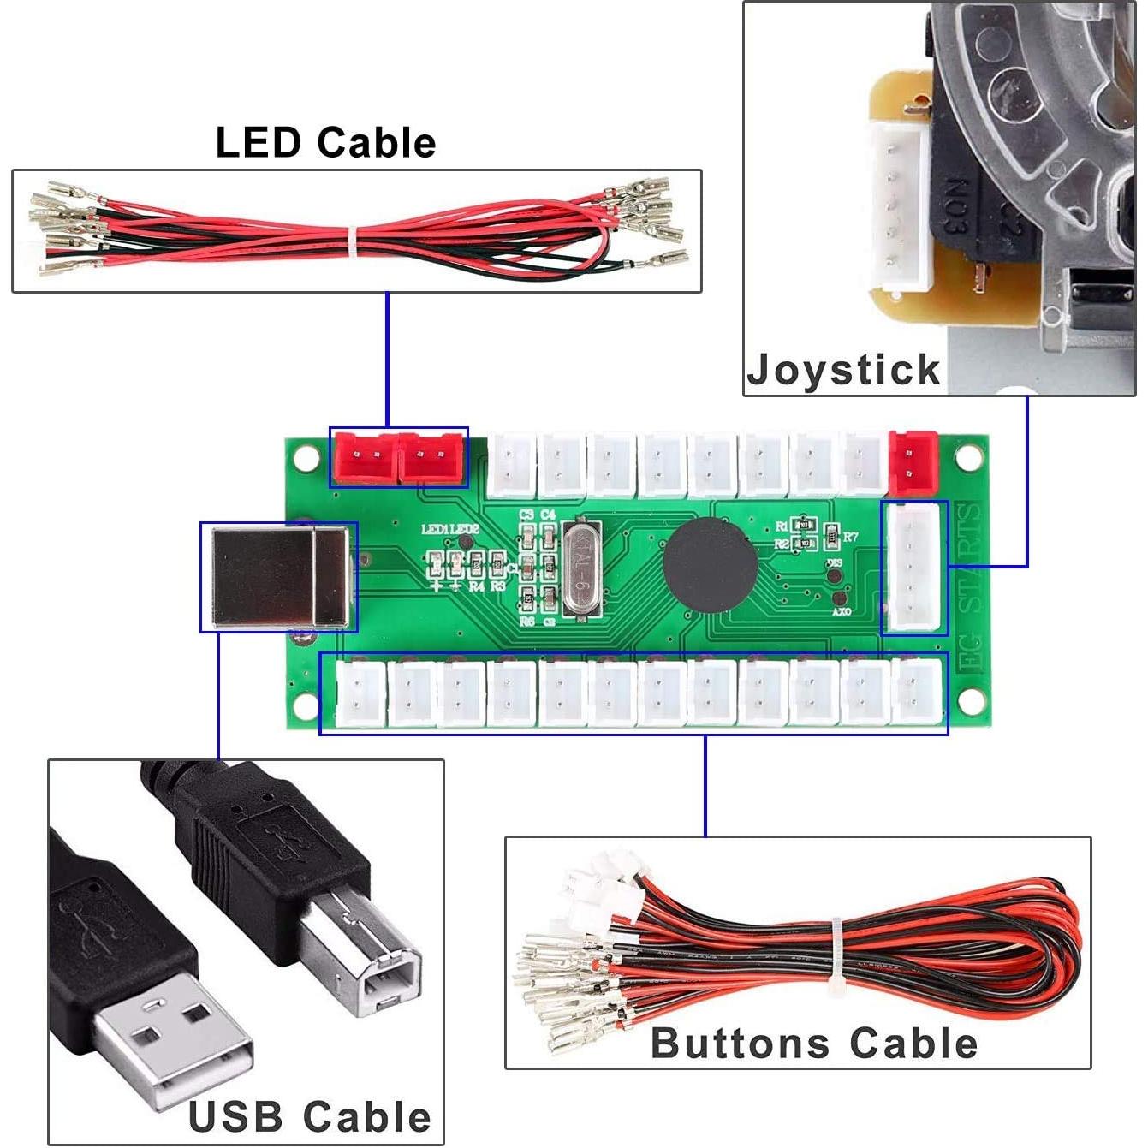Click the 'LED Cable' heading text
tap(325, 142)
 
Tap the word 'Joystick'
tap(843, 371)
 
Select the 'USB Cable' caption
tap(309, 1117)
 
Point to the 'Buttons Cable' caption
tap(813, 1043)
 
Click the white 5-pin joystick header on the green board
tap(913, 568)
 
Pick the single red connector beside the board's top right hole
tap(913, 462)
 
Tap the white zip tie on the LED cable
tap(352, 241)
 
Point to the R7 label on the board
tap(850, 537)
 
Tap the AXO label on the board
tap(842, 613)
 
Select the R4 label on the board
tap(477, 587)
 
